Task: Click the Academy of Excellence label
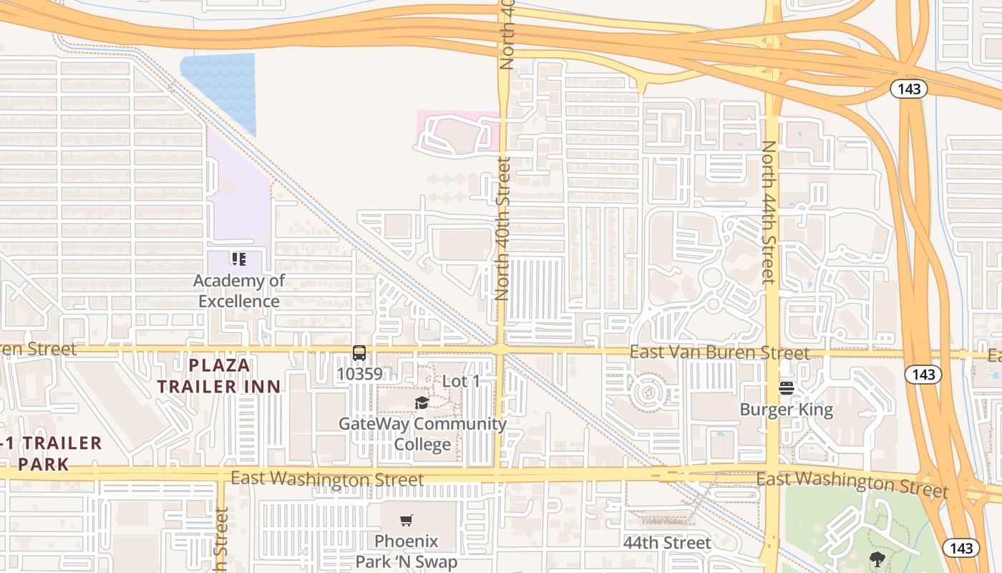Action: coord(239,291)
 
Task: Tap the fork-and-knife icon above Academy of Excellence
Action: coord(238,259)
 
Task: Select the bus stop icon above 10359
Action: coord(359,353)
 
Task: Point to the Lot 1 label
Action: coord(461,381)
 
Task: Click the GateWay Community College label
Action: coord(422,433)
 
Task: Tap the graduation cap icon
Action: coord(422,403)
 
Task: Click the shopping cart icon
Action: coord(407,521)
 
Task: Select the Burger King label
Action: coord(786,410)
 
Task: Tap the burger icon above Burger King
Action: coord(787,388)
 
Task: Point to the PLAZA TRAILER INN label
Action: coord(219,376)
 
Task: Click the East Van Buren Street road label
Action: coord(719,352)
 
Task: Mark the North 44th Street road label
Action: coord(768,212)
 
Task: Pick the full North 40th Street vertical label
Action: coord(503,229)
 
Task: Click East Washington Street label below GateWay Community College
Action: coord(327,478)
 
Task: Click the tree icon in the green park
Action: coord(877,559)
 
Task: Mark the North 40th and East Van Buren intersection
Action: coord(500,350)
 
